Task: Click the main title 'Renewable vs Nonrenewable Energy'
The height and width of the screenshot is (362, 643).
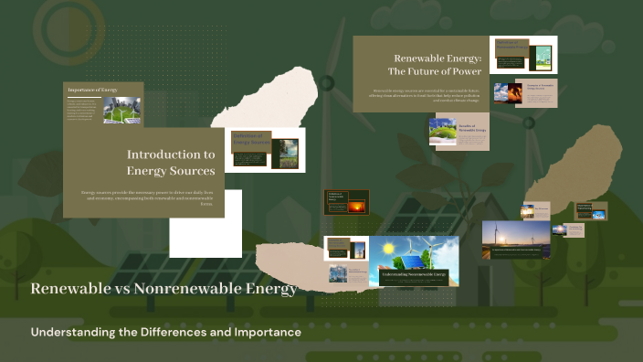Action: pyautogui.click(x=164, y=290)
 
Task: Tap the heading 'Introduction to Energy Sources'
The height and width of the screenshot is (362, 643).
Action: pyautogui.click(x=171, y=163)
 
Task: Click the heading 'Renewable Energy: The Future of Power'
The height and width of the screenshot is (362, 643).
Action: pyautogui.click(x=421, y=64)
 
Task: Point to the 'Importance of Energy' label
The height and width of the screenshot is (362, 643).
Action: pyautogui.click(x=92, y=90)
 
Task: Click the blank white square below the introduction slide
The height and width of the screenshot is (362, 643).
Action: pyautogui.click(x=206, y=224)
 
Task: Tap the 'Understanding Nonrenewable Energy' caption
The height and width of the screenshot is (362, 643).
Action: pyautogui.click(x=414, y=274)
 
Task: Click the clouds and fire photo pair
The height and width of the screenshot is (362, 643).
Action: pyautogui.click(x=509, y=92)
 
